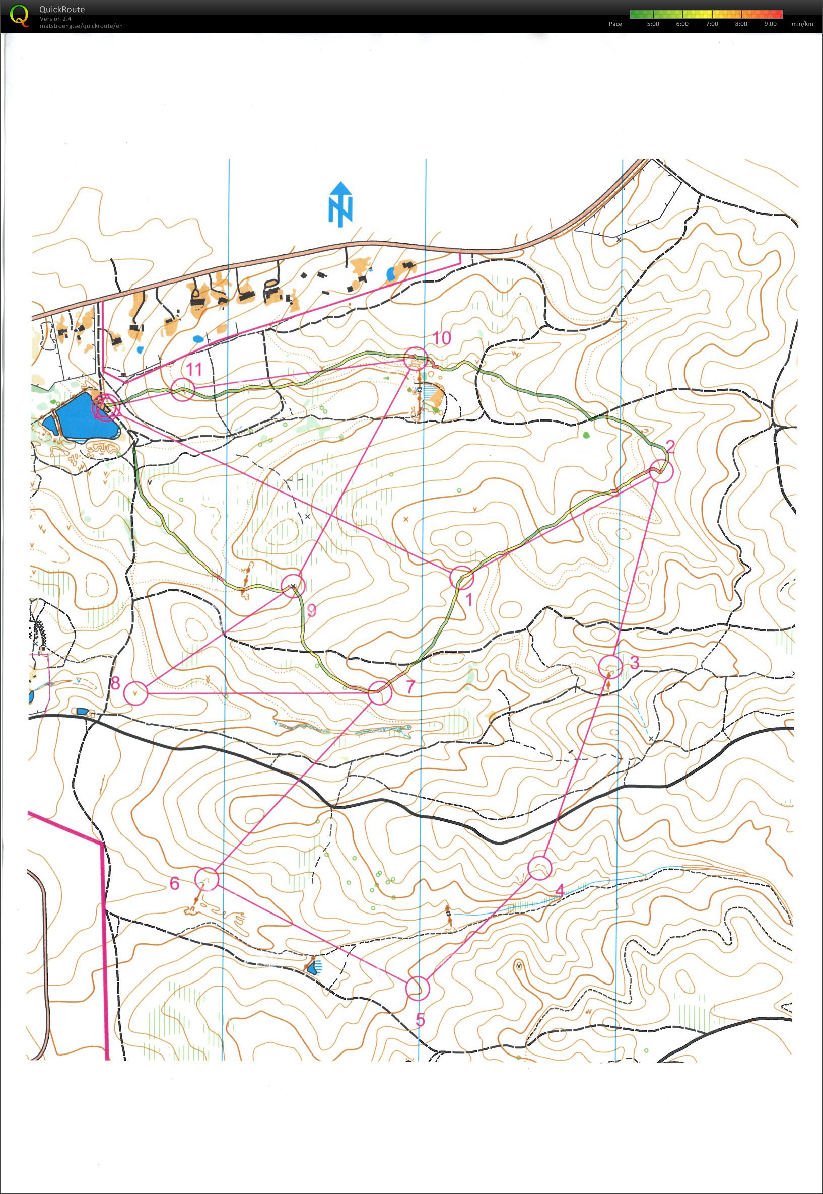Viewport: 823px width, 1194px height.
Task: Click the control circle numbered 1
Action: pos(461,578)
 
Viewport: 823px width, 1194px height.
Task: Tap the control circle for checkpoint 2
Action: pos(661,471)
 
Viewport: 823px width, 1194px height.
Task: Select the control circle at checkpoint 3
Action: pos(610,667)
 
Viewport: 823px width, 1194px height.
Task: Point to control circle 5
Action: pos(417,988)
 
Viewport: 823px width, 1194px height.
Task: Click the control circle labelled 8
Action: pos(136,693)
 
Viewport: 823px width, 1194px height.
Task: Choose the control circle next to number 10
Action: pos(415,359)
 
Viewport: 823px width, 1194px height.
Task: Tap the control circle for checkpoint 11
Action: pos(182,389)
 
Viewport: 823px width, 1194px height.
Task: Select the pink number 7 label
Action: pos(410,687)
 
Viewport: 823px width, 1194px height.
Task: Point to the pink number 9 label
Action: pos(311,610)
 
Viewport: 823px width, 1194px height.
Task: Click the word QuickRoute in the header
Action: pos(62,9)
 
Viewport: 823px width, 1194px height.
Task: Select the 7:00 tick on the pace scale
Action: pos(712,24)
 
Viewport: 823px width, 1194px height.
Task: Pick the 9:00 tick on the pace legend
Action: pos(771,24)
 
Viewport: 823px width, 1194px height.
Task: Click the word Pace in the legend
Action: pos(615,24)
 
